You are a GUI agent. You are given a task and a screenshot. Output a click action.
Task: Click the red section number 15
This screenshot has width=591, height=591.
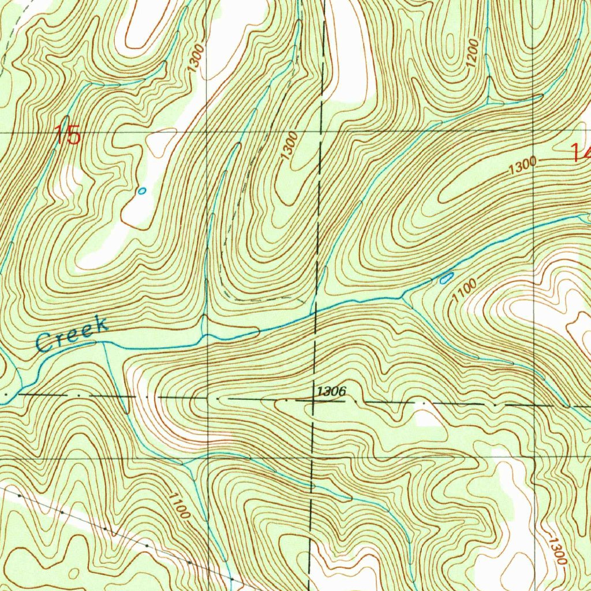tap(68, 136)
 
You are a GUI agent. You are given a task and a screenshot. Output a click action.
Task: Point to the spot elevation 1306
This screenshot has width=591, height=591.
tap(331, 392)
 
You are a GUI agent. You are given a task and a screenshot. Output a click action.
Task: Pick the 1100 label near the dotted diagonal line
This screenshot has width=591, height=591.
tap(179, 504)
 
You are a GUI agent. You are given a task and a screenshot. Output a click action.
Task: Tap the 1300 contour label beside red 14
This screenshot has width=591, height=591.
tap(523, 167)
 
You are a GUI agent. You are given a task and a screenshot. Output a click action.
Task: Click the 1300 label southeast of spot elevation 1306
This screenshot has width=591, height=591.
tap(557, 551)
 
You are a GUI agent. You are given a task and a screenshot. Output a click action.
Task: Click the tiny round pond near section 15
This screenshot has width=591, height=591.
tap(142, 190)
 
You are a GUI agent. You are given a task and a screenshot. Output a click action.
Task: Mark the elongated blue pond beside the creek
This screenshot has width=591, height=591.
tap(446, 279)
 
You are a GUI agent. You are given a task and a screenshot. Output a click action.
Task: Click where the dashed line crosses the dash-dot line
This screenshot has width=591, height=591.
tap(312, 398)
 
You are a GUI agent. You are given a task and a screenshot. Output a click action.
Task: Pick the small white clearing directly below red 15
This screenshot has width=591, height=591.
tap(70, 179)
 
